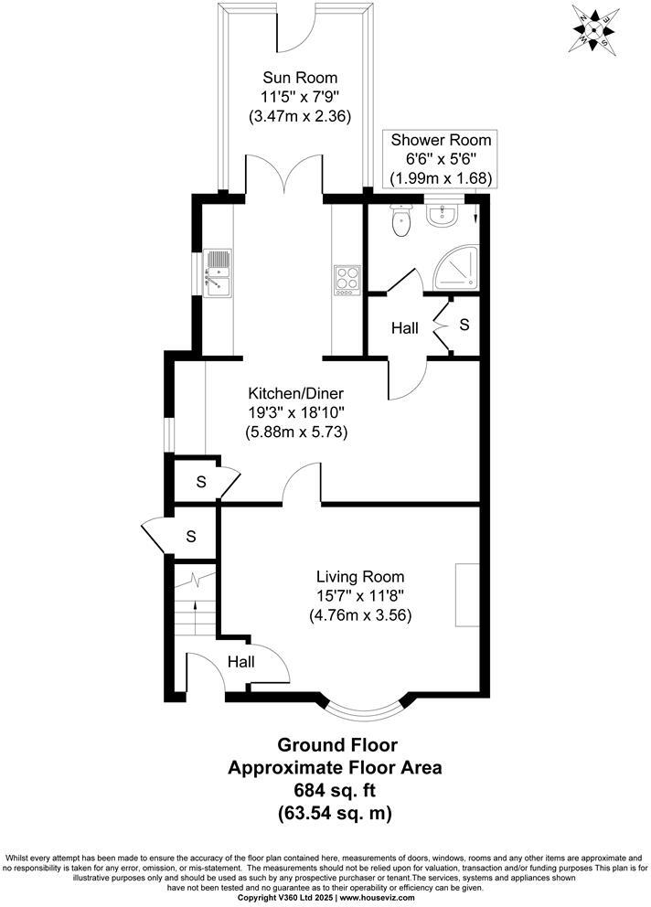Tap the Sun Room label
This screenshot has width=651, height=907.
click(x=299, y=77)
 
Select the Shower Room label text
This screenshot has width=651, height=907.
click(x=440, y=140)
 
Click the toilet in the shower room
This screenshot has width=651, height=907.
click(x=400, y=220)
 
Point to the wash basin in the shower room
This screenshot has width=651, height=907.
click(x=442, y=214)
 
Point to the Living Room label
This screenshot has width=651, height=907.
click(x=360, y=577)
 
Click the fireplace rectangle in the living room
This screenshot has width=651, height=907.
click(x=466, y=595)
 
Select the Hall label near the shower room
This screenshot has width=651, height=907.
click(x=405, y=327)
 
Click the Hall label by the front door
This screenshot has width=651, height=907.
click(x=241, y=661)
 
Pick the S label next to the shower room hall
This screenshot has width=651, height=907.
click(x=464, y=325)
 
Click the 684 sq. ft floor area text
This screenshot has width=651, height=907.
click(x=334, y=790)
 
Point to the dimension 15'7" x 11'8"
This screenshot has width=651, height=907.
click(x=360, y=596)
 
